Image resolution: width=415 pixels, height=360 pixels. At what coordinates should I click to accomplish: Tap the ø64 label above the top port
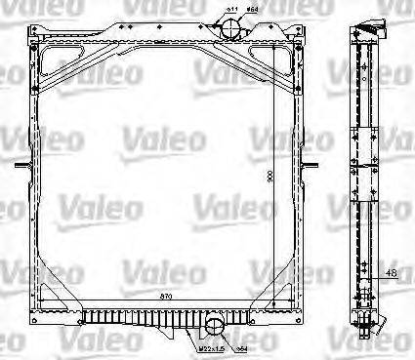click(x=251, y=11)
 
